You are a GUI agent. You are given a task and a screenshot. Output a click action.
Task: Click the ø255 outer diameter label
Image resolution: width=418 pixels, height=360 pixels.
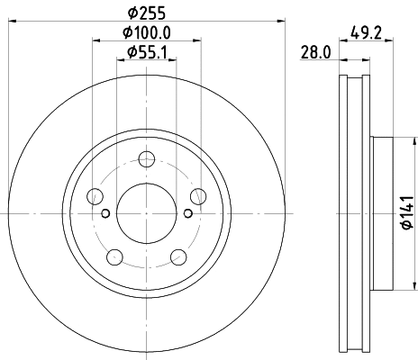(147, 13)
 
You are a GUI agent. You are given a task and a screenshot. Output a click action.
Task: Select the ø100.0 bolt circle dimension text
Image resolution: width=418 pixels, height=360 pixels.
(147, 33)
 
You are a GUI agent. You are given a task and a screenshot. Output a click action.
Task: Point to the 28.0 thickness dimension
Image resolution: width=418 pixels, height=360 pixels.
(313, 53)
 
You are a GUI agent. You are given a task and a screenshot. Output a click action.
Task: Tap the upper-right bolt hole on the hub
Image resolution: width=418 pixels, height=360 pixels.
(197, 196)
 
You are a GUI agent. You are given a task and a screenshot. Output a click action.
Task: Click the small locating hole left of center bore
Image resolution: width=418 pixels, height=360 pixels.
(106, 213)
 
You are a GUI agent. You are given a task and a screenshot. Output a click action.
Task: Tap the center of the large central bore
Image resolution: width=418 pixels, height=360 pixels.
(147, 212)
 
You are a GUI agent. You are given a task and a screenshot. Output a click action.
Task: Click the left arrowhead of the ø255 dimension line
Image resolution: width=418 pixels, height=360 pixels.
(12, 22)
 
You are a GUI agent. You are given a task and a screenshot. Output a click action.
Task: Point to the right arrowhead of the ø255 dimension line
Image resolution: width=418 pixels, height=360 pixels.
(281, 22)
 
